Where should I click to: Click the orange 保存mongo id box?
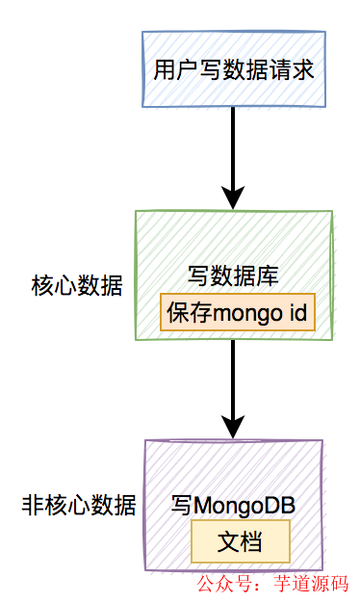237,313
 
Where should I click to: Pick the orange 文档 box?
240,539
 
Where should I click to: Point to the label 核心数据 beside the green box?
78,286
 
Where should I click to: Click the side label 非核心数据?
78,505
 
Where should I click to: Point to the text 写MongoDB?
232,505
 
